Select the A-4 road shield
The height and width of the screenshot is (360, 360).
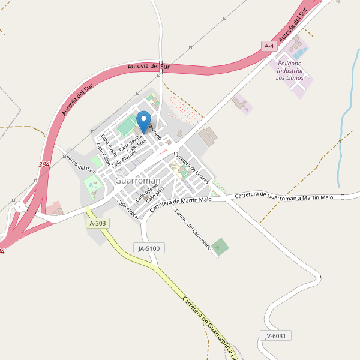pyautogui.click(x=270, y=46)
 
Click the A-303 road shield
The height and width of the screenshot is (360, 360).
pyautogui.click(x=97, y=223)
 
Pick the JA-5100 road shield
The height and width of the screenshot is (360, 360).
pyautogui.click(x=149, y=247)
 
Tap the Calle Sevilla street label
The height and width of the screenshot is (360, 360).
pyautogui.click(x=130, y=143)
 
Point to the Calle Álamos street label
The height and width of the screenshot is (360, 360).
pyautogui.click(x=124, y=157)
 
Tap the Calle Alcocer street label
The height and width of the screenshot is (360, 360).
pyautogui.click(x=128, y=210)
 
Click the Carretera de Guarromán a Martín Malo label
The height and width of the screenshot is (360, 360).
pyautogui.click(x=284, y=196)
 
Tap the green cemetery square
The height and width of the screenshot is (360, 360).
pyautogui.click(x=221, y=246)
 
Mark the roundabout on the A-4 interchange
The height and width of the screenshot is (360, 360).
pyautogui.click(x=20, y=208)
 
